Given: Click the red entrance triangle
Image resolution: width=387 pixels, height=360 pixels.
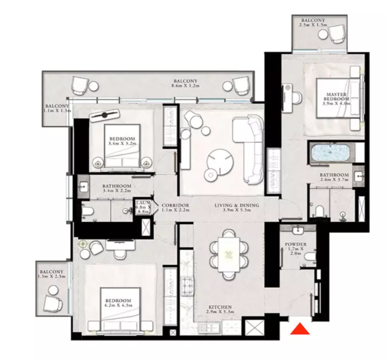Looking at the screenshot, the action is [300, 329].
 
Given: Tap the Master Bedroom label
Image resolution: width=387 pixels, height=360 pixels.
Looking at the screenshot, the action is [336, 96].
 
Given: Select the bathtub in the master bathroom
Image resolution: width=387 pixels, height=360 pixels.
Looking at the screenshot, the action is [330, 153].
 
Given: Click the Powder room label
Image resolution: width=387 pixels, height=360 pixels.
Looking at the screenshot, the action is [296, 244].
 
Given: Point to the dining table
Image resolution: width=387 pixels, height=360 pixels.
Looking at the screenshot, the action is [229, 254].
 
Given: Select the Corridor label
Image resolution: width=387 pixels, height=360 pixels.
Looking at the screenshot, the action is [175, 205].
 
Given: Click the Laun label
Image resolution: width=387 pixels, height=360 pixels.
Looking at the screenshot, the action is [143, 203].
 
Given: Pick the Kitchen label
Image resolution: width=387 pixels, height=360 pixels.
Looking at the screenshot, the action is [220, 307].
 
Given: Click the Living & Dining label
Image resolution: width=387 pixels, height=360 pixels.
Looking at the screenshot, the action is [237, 205].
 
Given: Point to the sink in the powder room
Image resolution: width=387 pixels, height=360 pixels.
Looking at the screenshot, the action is [298, 231].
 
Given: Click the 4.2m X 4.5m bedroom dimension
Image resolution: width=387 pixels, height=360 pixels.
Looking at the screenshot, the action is [118, 305].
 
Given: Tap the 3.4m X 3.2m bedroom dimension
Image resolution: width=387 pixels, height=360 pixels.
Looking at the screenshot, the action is [122, 143].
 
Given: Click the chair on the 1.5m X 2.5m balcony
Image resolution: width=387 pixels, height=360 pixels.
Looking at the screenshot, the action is [53, 303].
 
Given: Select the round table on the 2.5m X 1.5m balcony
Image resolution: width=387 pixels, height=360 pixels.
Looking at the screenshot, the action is [323, 34].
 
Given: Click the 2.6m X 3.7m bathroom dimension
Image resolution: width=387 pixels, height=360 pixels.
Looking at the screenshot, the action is [334, 180].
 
